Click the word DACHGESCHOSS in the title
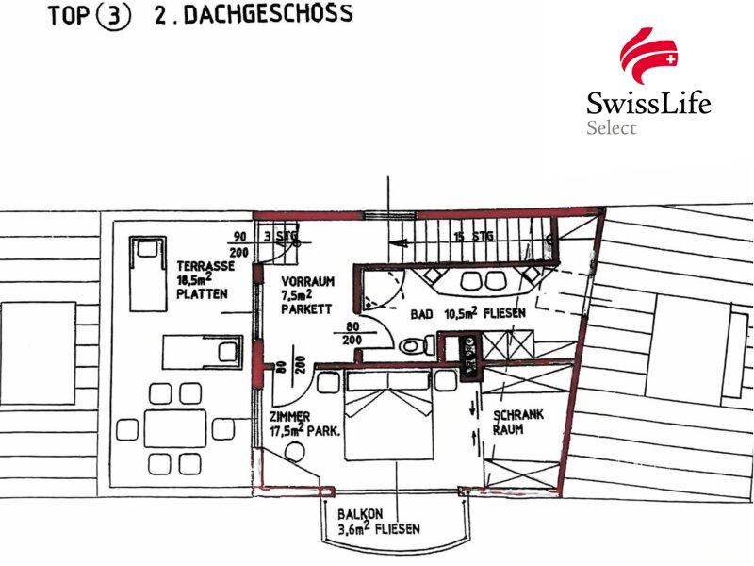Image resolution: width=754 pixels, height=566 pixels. coord(269,13)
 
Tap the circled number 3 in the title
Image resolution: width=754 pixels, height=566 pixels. coord(113,16)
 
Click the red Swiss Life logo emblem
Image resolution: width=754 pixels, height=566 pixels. coord(648,57)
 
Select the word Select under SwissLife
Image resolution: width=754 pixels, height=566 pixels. coord(611,127)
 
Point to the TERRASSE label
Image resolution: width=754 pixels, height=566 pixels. coord(205,266)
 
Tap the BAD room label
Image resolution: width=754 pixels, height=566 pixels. coord(421,314)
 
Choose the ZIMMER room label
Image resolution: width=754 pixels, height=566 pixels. coord(289,416)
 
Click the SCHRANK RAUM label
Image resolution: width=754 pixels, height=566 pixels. coord(517,422)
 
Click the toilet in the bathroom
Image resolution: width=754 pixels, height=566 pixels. coord(417,345)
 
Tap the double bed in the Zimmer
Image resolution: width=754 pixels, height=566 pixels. coord(388,415)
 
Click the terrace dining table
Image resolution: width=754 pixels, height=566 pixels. coord(175,428)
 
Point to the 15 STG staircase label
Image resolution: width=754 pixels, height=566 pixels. coord(473,237)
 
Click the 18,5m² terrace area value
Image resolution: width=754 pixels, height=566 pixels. coord(195,280)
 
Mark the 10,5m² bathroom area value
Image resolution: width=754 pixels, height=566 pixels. coord(461,313)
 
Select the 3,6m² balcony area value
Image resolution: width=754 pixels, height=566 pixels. coord(353,529)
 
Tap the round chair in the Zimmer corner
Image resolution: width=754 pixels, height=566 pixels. coord(293,453)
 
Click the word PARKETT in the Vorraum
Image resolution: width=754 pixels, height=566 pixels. coord(306,308)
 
